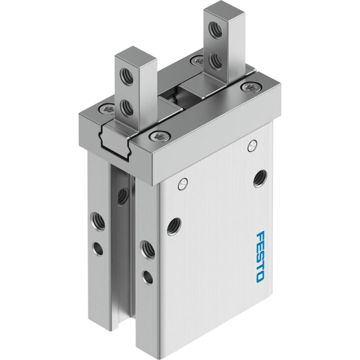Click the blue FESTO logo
260,256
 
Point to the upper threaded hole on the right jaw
216,29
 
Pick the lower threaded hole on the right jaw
216,61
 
